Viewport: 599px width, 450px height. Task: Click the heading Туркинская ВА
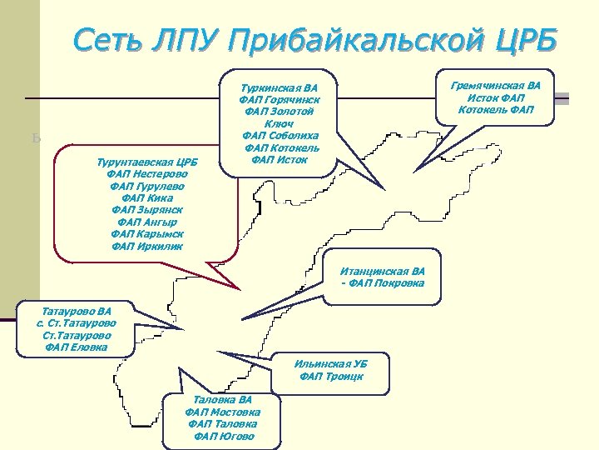[279, 86]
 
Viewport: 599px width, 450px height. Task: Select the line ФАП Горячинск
[279, 98]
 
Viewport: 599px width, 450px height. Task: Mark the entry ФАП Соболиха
[279, 135]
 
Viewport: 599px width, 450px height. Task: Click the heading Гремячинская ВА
[495, 85]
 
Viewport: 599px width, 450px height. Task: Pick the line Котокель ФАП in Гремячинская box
[495, 109]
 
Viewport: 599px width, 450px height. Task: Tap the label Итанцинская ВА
[383, 271]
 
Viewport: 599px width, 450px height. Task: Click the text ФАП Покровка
[383, 283]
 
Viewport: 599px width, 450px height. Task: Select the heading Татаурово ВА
[76, 310]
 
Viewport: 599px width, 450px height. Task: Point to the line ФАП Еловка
[76, 347]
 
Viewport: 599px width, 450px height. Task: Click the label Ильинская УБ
[331, 364]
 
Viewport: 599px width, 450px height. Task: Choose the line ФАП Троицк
[331, 377]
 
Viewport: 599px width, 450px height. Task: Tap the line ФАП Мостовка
[222, 412]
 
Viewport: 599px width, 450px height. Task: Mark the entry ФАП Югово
[222, 436]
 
